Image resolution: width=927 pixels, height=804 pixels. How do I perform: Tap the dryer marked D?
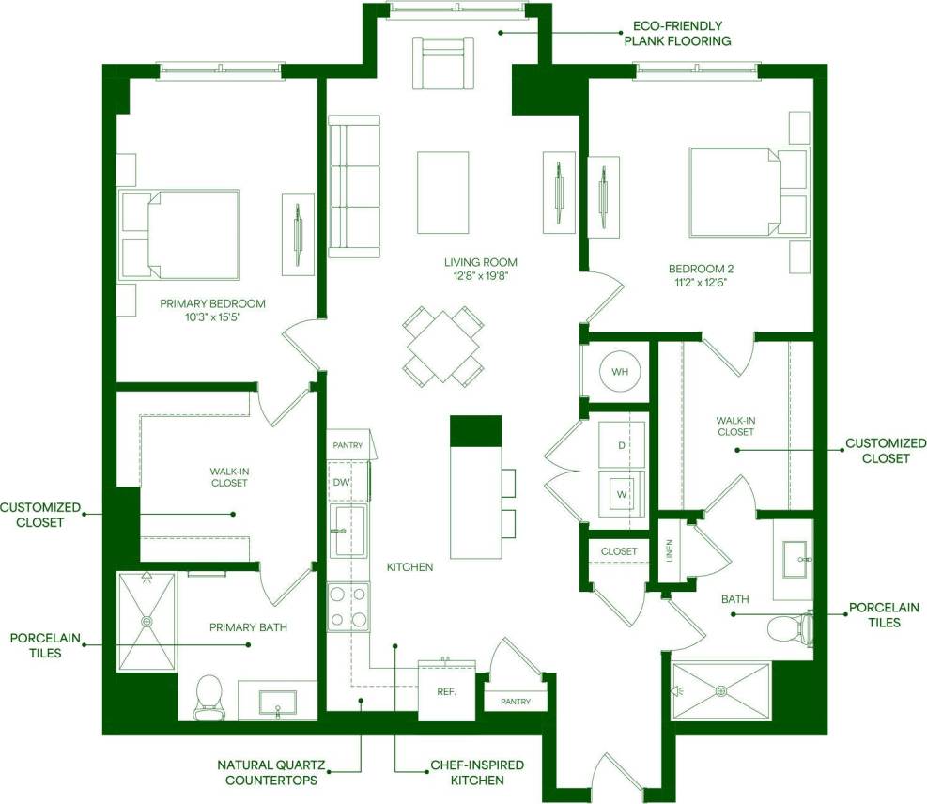click(x=621, y=443)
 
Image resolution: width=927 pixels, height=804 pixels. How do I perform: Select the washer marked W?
click(x=621, y=492)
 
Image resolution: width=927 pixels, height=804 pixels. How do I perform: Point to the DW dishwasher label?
click(x=341, y=482)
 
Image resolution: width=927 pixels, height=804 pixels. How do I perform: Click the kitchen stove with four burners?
click(x=348, y=607)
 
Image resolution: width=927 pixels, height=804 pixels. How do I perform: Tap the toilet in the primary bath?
click(x=209, y=696)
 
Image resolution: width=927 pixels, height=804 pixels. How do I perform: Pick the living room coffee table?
click(x=442, y=193)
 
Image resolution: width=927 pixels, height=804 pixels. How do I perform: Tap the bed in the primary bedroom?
click(x=180, y=234)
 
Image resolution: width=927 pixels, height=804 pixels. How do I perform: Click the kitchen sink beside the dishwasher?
click(x=348, y=531)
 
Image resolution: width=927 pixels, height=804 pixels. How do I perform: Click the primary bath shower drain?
click(x=147, y=621)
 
